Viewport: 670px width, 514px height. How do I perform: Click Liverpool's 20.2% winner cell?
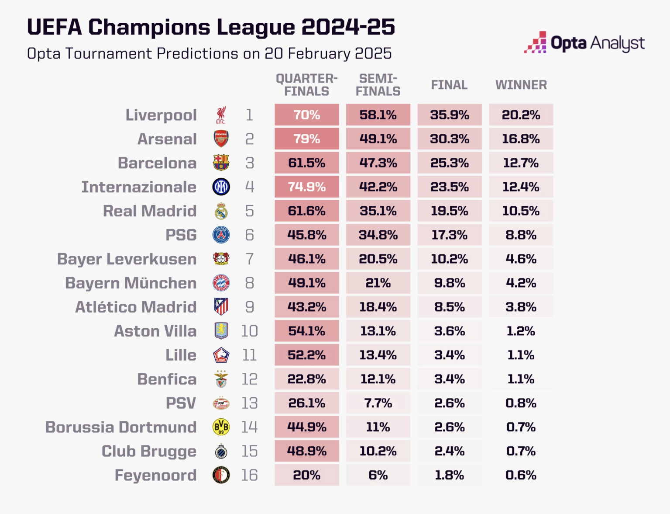(x=521, y=115)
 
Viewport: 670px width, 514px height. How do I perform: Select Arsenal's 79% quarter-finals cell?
(x=307, y=139)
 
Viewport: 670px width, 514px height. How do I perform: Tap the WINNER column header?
(x=521, y=85)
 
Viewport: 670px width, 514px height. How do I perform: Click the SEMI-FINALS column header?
(x=378, y=85)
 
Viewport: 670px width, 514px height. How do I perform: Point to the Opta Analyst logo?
(x=584, y=43)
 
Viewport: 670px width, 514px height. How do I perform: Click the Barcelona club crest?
(x=221, y=163)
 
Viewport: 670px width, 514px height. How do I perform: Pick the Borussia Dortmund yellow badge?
(x=221, y=427)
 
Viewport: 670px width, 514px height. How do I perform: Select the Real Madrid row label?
(x=150, y=211)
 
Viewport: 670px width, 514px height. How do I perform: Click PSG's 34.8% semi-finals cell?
(x=378, y=235)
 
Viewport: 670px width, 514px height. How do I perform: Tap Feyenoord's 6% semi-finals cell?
(x=378, y=475)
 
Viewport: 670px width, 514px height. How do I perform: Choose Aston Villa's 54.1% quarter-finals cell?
(x=307, y=331)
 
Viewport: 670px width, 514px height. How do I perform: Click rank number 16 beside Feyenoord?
(x=249, y=475)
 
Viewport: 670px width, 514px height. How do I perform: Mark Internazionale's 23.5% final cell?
(x=450, y=187)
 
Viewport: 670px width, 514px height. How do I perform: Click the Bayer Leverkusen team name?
(x=127, y=259)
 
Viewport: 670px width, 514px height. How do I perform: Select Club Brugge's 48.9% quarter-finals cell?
(x=307, y=451)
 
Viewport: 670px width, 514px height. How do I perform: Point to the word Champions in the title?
(x=149, y=27)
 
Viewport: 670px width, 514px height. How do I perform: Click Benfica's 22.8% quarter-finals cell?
(x=307, y=379)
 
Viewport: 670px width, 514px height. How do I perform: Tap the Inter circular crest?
(x=221, y=187)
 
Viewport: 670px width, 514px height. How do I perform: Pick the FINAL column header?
(x=450, y=85)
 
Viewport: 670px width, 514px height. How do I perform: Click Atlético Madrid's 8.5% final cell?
(x=450, y=307)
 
